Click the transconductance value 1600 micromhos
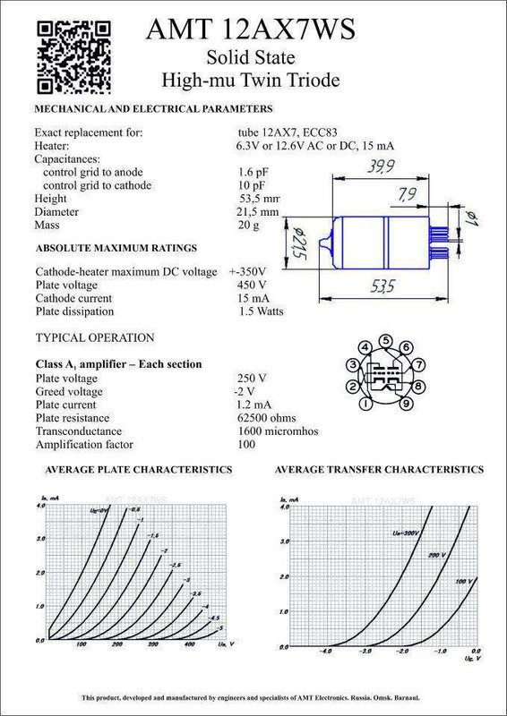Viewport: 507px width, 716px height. tap(277, 430)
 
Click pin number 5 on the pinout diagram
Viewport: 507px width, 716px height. tap(385, 341)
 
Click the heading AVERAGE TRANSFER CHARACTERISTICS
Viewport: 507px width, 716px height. tap(379, 470)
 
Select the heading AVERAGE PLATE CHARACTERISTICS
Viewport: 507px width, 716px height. tap(133, 470)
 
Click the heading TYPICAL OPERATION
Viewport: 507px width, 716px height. tap(95, 337)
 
